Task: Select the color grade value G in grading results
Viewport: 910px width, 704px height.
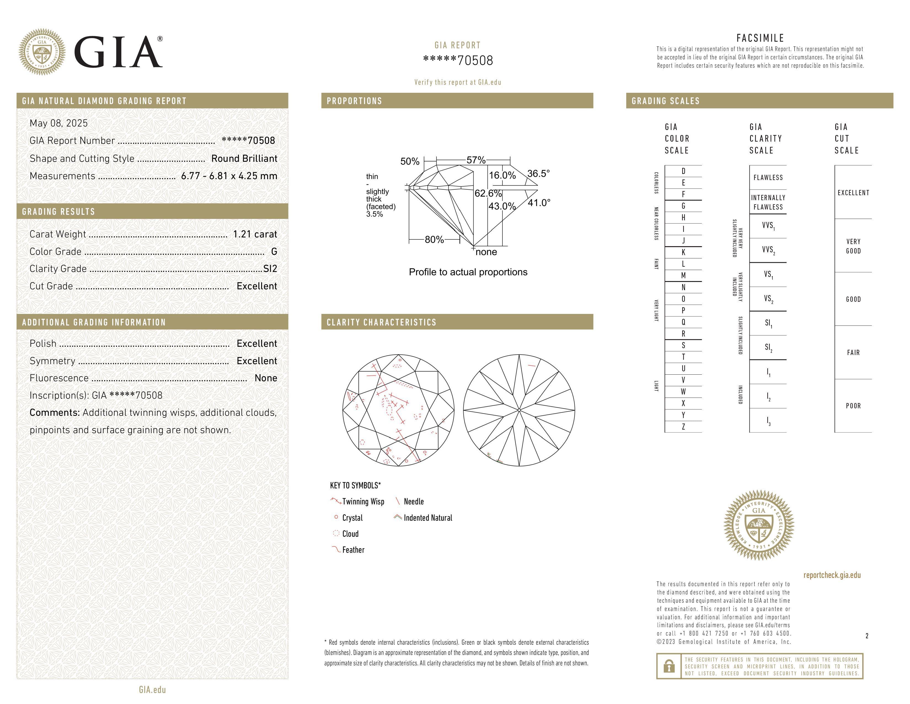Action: (x=274, y=252)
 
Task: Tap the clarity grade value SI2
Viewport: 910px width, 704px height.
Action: (x=270, y=269)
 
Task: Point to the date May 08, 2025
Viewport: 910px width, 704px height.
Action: (x=59, y=123)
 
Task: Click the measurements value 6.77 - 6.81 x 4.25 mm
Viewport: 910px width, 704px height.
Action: (x=229, y=176)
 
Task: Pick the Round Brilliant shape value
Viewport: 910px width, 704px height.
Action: (x=244, y=158)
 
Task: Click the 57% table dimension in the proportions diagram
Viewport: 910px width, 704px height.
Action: (x=476, y=160)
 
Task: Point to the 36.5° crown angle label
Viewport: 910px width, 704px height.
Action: (x=538, y=173)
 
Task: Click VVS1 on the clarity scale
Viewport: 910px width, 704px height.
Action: (x=768, y=226)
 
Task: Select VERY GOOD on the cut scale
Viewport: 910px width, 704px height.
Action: (x=853, y=246)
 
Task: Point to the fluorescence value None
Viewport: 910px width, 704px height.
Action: (x=266, y=378)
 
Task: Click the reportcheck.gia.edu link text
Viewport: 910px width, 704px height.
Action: (x=832, y=575)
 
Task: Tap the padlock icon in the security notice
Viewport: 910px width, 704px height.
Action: (x=669, y=666)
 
